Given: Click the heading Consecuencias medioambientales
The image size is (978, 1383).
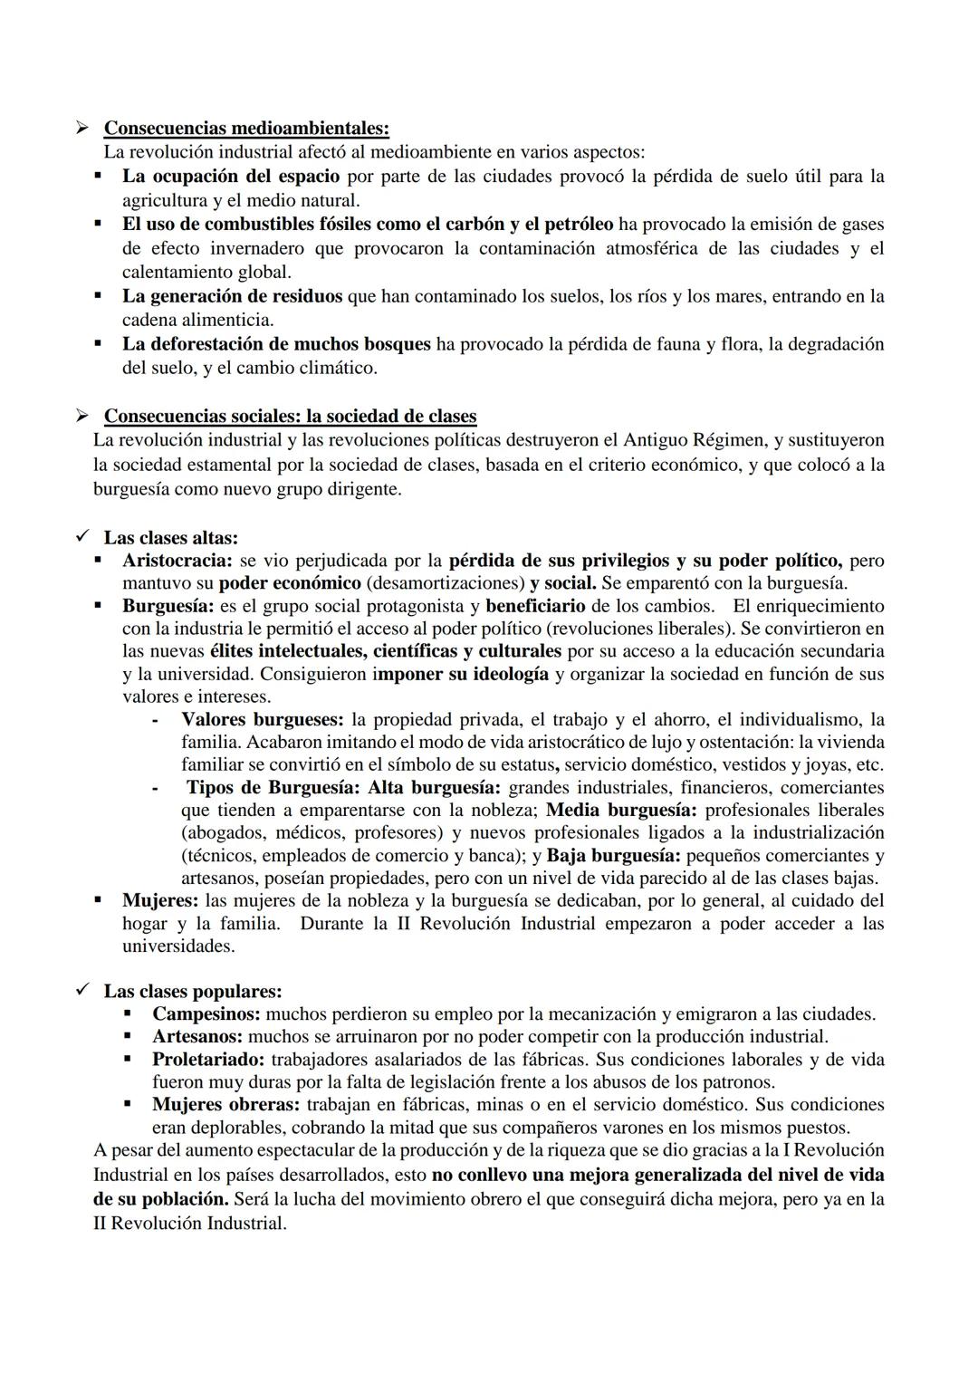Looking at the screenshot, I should pyautogui.click(x=246, y=128).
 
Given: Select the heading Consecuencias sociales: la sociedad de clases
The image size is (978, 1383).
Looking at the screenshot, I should pyautogui.click(x=290, y=417).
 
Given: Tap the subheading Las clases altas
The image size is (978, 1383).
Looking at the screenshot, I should pyautogui.click(x=170, y=538).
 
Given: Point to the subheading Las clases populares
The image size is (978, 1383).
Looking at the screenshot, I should pyautogui.click(x=192, y=992).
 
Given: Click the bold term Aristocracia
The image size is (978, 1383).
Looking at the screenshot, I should pyautogui.click(x=177, y=561).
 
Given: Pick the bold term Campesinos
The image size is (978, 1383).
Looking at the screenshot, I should pyautogui.click(x=206, y=1014).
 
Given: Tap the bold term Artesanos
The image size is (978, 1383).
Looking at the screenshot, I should pyautogui.click(x=197, y=1037).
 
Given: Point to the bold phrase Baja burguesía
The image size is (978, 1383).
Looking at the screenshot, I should pyautogui.click(x=613, y=856).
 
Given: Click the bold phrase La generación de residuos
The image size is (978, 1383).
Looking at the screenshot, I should pyautogui.click(x=233, y=296).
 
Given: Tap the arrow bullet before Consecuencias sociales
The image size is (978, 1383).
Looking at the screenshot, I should pyautogui.click(x=83, y=417).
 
